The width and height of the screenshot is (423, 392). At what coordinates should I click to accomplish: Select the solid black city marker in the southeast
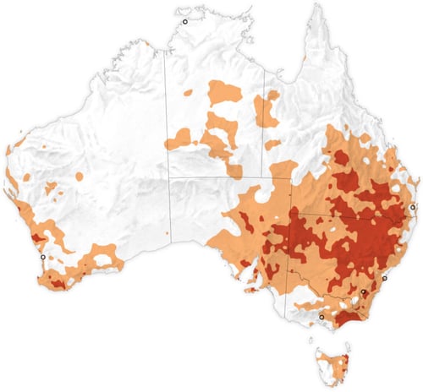click(x=364, y=292)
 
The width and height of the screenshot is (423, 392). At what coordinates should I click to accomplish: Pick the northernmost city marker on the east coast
click(x=413, y=207)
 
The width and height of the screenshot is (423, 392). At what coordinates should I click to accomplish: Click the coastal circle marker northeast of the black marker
click(x=384, y=278)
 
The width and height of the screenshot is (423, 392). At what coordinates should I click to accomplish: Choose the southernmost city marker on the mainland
click(x=321, y=317)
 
